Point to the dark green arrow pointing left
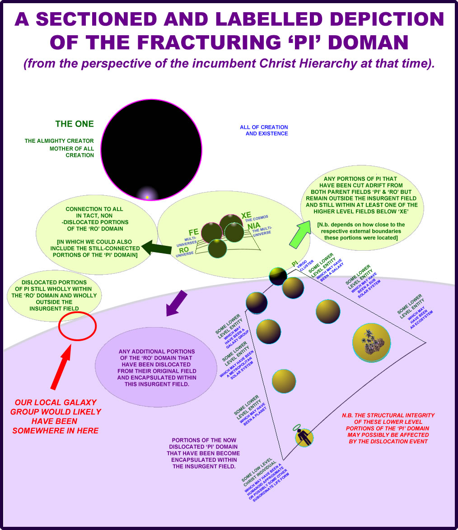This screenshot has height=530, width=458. (156, 247)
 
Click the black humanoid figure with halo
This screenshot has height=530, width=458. (304, 437)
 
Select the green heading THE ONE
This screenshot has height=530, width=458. (75, 124)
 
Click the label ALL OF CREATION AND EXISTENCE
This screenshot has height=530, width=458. (264, 130)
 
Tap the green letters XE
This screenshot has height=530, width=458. (246, 215)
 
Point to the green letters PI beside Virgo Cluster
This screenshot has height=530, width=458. (294, 263)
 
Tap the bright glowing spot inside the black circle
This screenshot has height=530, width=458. (147, 197)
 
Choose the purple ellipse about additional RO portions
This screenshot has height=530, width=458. (156, 367)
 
